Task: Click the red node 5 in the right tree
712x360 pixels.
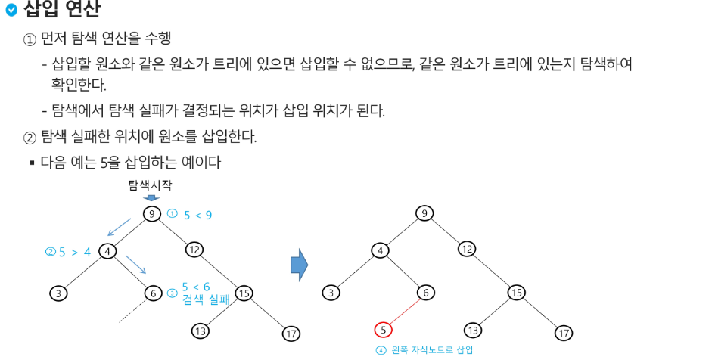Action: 384,330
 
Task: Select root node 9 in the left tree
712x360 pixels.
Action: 152,214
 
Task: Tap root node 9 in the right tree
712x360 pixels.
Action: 424,213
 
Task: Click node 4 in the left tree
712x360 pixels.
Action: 107,251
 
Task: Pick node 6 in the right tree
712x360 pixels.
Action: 427,293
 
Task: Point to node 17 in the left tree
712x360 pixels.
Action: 291,333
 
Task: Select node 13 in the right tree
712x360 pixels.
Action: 473,330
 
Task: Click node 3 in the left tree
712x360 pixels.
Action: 58,293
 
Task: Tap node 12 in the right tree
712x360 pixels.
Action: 467,248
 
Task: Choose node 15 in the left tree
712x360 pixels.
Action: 244,293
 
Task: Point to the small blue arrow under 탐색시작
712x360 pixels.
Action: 151,198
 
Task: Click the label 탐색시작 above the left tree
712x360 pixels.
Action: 150,185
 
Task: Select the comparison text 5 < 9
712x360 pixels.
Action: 197,215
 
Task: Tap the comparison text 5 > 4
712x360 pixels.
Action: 74,252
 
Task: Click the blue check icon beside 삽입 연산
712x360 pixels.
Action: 11,10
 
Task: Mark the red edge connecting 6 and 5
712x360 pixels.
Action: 405,311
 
